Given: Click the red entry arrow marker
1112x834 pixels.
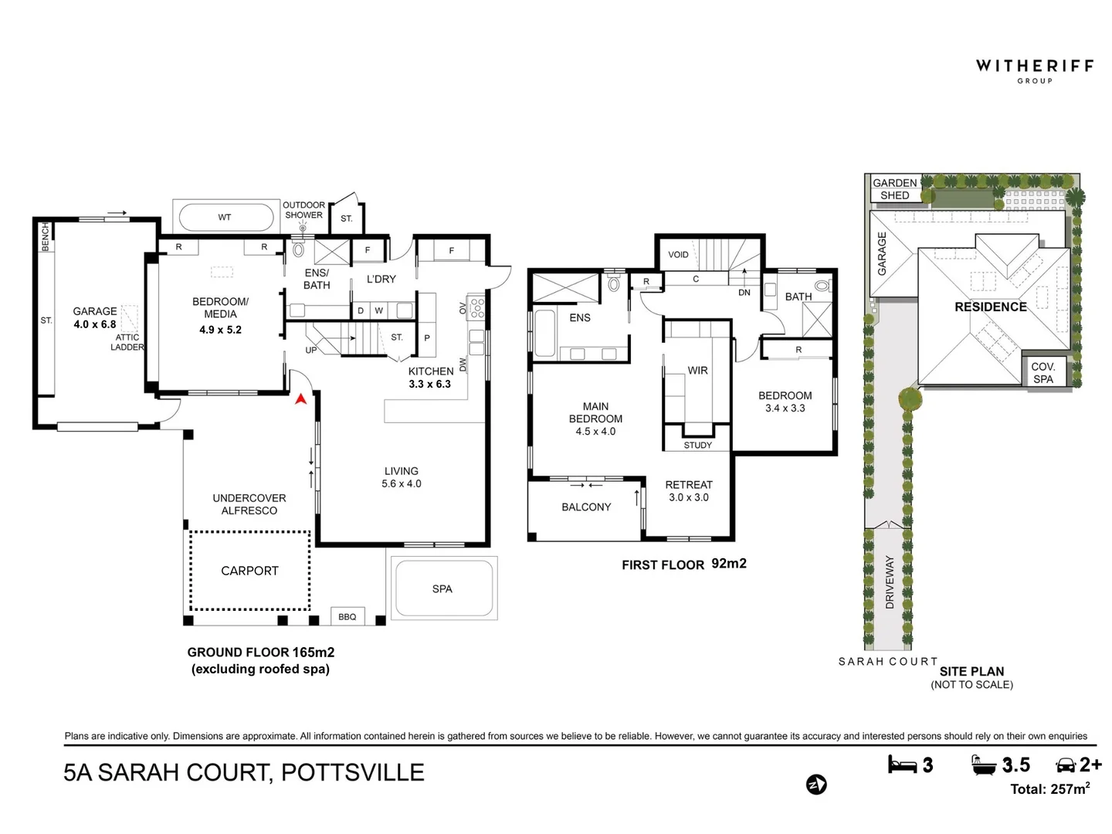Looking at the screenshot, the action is [x=300, y=399].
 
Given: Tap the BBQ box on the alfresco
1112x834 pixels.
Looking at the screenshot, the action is [x=347, y=616].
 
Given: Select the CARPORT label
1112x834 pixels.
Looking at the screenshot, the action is [x=249, y=571].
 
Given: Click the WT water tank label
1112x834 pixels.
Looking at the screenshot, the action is [x=225, y=217].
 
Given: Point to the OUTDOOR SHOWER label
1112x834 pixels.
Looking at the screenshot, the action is [x=303, y=209].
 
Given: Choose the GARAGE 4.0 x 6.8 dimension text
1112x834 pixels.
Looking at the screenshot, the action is [x=95, y=324].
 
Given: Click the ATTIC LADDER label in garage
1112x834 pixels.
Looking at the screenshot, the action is [x=127, y=342].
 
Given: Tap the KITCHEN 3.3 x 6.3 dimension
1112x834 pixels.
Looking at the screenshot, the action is [x=429, y=384].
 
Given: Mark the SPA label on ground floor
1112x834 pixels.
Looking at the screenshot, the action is [x=442, y=588].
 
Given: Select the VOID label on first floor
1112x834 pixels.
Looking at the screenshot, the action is [x=678, y=254].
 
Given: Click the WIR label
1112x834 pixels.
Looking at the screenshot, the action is [x=697, y=370].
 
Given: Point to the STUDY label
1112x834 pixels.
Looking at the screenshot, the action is [x=697, y=445].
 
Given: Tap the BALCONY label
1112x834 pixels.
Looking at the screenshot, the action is [x=586, y=507].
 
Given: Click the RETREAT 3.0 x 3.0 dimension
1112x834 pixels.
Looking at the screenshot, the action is [x=689, y=497].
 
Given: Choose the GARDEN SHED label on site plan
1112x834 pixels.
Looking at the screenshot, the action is [x=895, y=189].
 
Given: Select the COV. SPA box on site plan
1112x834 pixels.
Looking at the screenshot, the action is [x=1043, y=373].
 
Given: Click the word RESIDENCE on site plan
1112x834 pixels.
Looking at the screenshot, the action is [x=991, y=307].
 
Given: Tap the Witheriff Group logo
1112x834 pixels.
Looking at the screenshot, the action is [x=1035, y=71].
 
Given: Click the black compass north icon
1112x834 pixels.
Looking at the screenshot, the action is [x=816, y=785].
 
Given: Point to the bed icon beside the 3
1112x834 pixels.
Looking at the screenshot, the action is [x=902, y=764].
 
